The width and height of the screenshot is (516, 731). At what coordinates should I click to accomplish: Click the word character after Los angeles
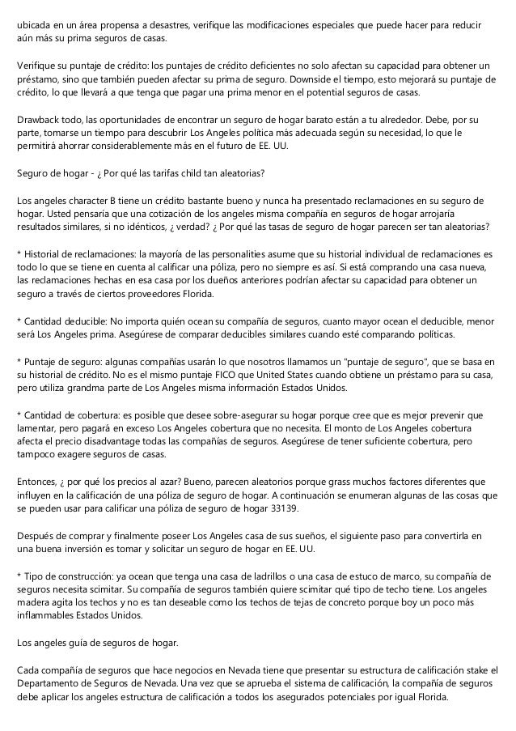coord(93,200)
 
